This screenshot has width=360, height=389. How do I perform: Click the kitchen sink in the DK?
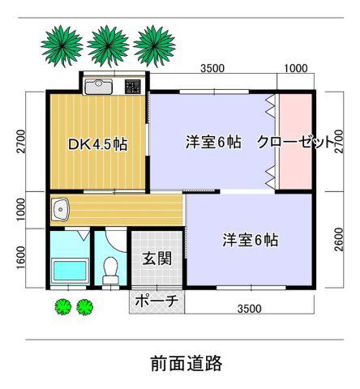tap(98, 87)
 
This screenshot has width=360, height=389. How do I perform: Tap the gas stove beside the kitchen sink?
tap(132, 87)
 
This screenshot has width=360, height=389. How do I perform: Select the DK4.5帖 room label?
tap(97, 144)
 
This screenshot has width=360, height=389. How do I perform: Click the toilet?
tap(110, 270)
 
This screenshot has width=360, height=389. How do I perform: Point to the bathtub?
tap(71, 271)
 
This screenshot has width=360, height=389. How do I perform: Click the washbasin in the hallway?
tap(61, 210)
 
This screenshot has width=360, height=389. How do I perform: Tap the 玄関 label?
tap(157, 259)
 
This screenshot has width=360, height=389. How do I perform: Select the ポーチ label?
tap(156, 301)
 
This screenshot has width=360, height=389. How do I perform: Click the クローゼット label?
tap(294, 142)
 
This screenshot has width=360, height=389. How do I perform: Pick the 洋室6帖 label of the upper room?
tap(213, 142)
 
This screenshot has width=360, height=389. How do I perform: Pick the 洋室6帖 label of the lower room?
tap(251, 240)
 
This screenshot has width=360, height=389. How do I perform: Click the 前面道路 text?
tap(186, 363)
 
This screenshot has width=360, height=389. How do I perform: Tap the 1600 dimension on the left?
tap(21, 258)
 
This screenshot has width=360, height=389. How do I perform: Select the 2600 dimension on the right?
tap(338, 239)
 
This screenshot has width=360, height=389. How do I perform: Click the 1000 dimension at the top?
tap(296, 68)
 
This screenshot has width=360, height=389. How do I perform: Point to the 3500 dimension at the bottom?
tap(250, 309)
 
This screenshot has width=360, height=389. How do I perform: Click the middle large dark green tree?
tap(108, 46)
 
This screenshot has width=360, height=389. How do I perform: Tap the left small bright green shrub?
tap(63, 307)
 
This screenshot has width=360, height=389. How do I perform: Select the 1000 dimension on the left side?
tap(21, 209)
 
